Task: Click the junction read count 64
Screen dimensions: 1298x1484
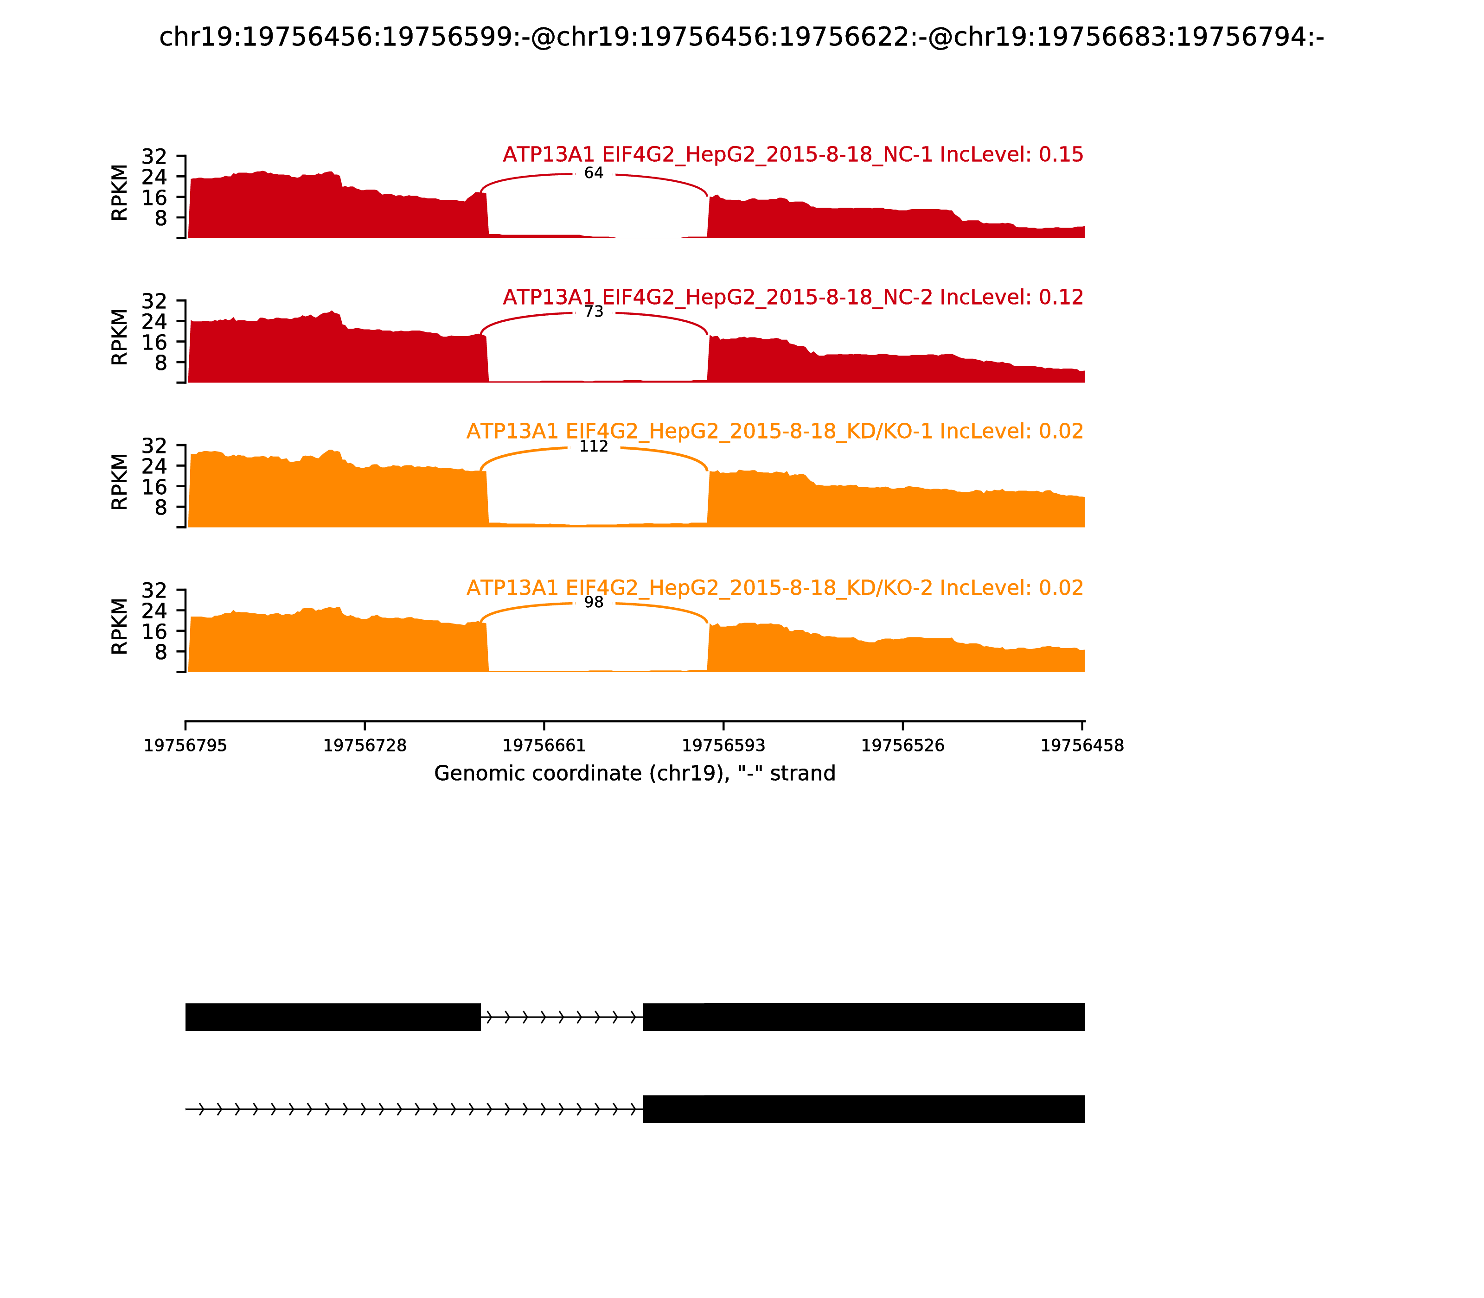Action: click(594, 173)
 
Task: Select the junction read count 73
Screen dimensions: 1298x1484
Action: click(594, 312)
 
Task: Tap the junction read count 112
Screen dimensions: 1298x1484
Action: click(594, 446)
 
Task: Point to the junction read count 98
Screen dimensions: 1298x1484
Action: click(594, 603)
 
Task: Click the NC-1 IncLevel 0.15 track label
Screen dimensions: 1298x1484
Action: click(793, 155)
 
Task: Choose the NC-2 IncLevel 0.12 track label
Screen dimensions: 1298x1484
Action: click(793, 298)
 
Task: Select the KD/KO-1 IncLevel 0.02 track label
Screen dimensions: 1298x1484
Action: click(774, 432)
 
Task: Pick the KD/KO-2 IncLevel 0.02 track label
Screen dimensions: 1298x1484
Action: click(774, 588)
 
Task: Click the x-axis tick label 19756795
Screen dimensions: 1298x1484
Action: click(185, 746)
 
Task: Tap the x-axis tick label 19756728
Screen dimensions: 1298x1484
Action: click(365, 746)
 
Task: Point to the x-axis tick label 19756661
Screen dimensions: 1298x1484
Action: click(544, 746)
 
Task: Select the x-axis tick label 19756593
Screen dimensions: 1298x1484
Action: click(723, 746)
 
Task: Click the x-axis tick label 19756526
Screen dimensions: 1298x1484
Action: click(903, 746)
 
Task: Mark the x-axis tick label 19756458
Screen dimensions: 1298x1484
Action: click(1082, 746)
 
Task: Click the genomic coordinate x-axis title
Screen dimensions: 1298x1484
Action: click(635, 774)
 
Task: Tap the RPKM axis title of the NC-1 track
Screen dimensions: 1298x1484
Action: click(120, 193)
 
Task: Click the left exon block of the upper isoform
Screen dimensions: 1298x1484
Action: click(333, 1017)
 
